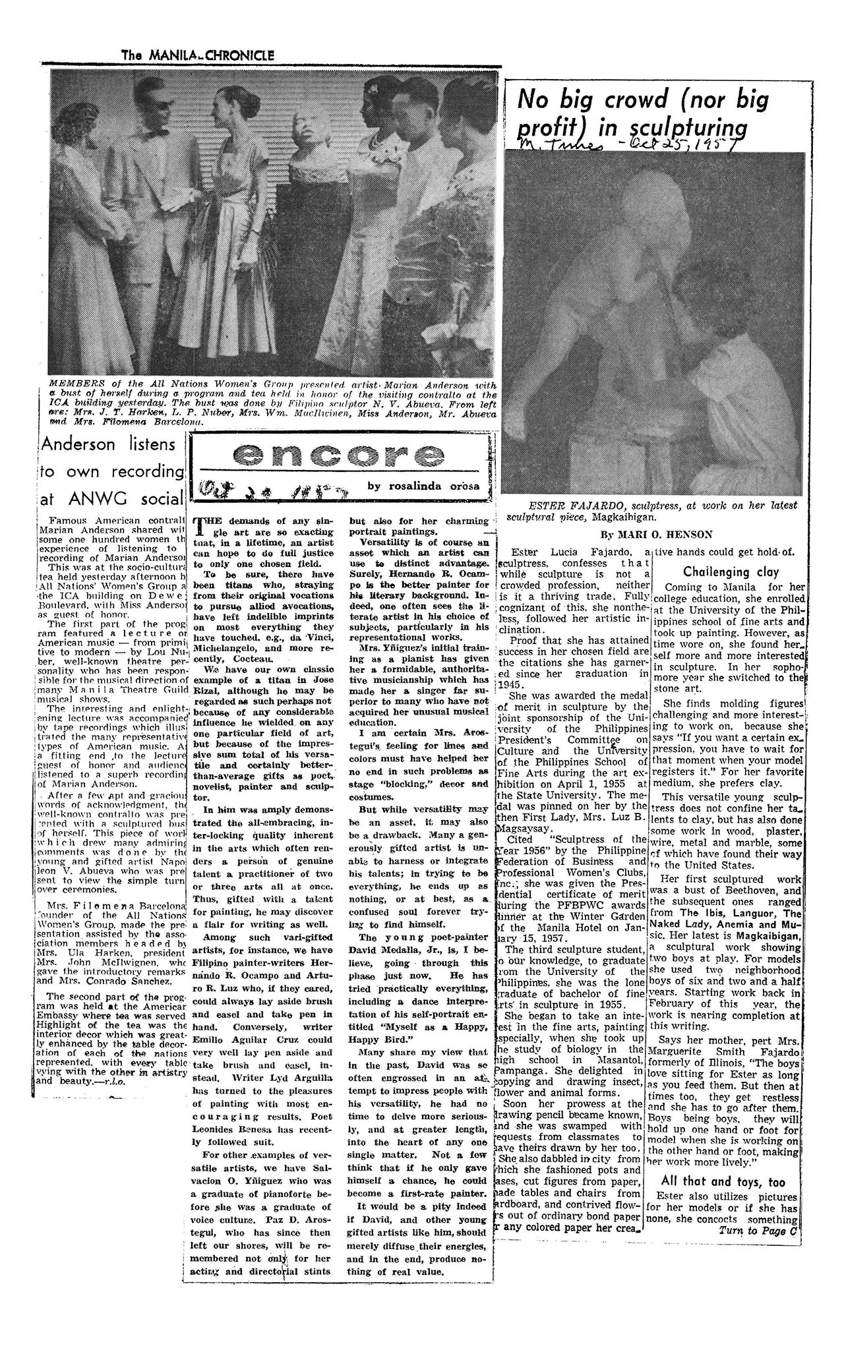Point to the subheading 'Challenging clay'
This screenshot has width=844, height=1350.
(x=721, y=572)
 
